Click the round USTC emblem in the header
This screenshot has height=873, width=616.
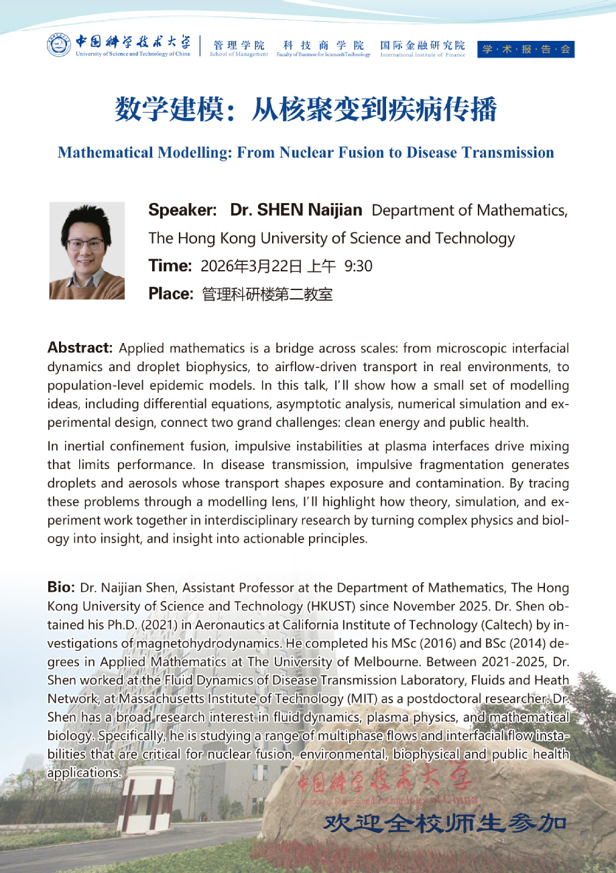click(x=58, y=44)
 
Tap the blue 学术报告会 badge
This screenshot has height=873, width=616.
click(x=526, y=49)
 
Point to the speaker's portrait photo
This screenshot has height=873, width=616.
click(x=87, y=250)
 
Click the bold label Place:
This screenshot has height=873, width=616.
click(x=172, y=293)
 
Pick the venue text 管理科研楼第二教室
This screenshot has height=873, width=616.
click(x=267, y=294)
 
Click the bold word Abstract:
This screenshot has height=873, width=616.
click(x=80, y=348)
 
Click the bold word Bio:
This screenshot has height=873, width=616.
click(x=61, y=588)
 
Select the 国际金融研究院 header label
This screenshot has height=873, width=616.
click(x=422, y=46)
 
